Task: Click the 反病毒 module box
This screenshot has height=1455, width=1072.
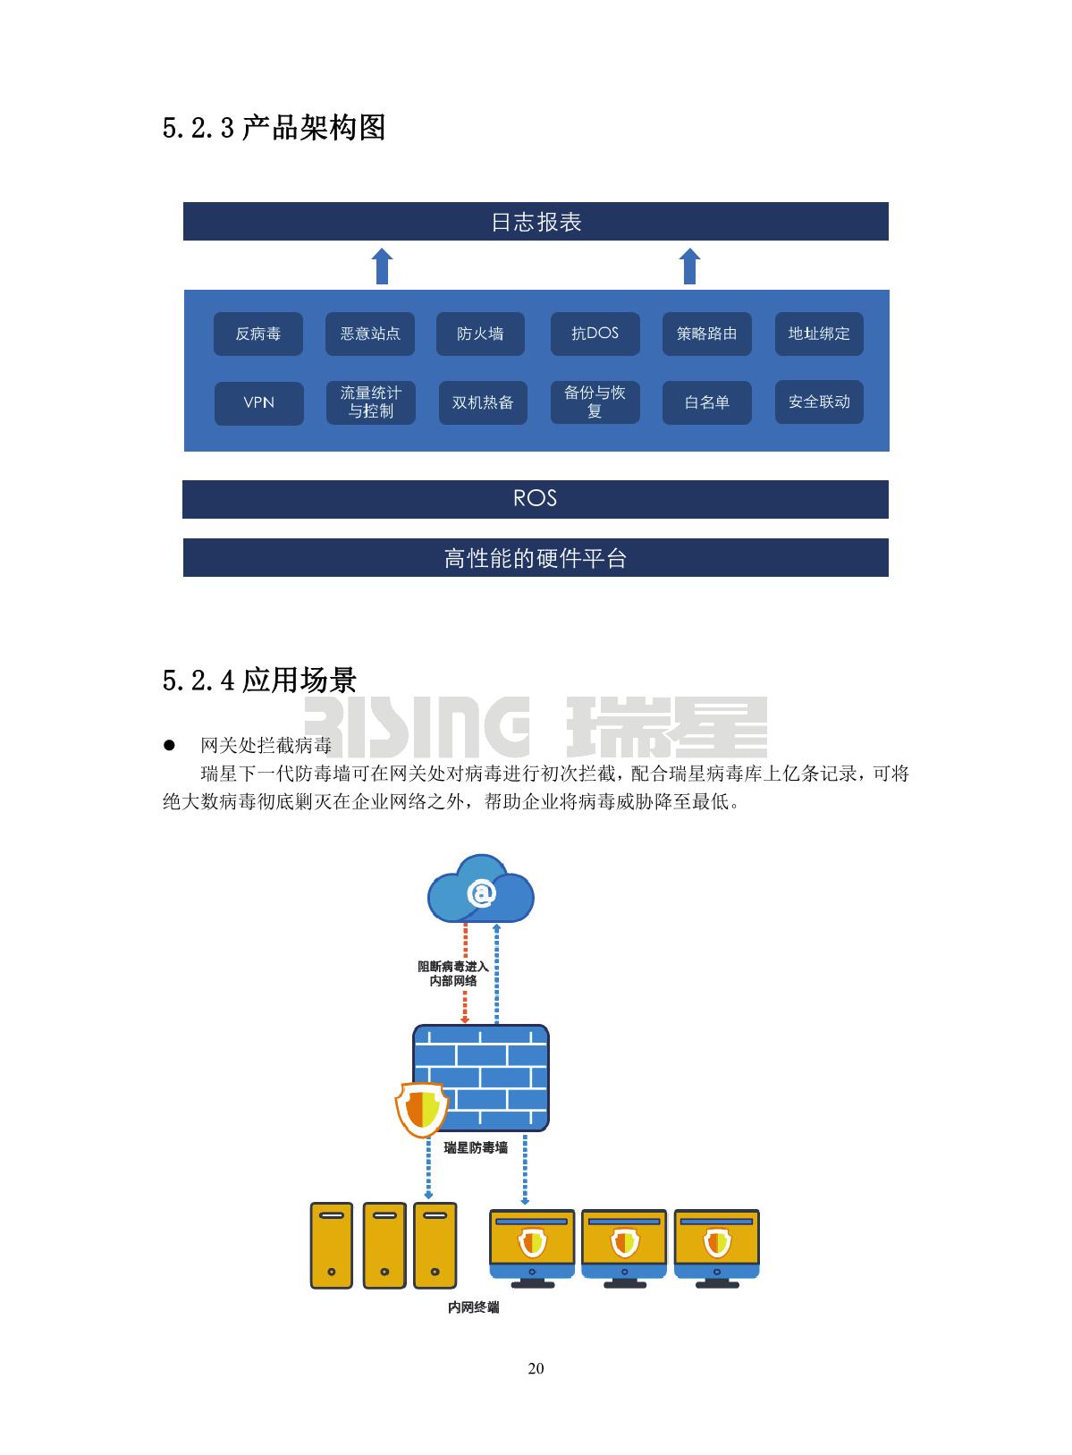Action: (x=258, y=334)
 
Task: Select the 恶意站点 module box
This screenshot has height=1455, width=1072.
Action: (x=370, y=334)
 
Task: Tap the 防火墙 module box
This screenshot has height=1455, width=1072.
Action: (x=480, y=334)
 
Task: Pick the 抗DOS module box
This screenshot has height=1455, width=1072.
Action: (x=595, y=334)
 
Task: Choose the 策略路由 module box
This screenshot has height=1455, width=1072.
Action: (x=706, y=334)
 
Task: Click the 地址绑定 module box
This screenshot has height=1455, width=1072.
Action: (x=819, y=334)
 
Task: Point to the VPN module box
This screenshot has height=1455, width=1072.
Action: (x=258, y=402)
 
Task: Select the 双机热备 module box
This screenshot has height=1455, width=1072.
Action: (x=482, y=402)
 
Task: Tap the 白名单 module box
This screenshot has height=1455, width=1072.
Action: (x=706, y=402)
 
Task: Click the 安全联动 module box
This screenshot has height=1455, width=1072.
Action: (x=819, y=402)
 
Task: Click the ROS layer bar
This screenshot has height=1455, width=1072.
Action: (x=535, y=499)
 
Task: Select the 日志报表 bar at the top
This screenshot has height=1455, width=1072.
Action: (x=535, y=221)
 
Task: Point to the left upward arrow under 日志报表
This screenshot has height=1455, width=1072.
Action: (x=382, y=266)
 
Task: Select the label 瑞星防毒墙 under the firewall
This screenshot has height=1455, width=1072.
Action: (x=476, y=1147)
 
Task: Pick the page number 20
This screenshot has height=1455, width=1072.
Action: (x=536, y=1368)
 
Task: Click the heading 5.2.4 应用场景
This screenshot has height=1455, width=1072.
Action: (x=259, y=681)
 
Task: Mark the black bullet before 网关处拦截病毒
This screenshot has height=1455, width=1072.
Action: (x=168, y=745)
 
